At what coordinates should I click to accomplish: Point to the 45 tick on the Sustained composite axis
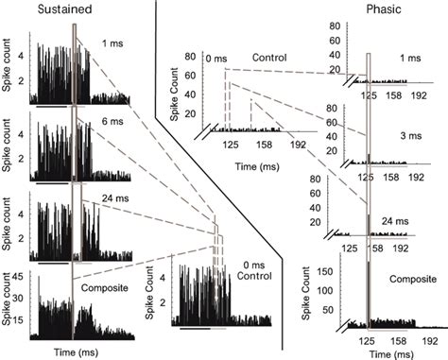(x=18, y=278)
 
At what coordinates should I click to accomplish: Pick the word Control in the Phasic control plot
(x=269, y=58)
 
